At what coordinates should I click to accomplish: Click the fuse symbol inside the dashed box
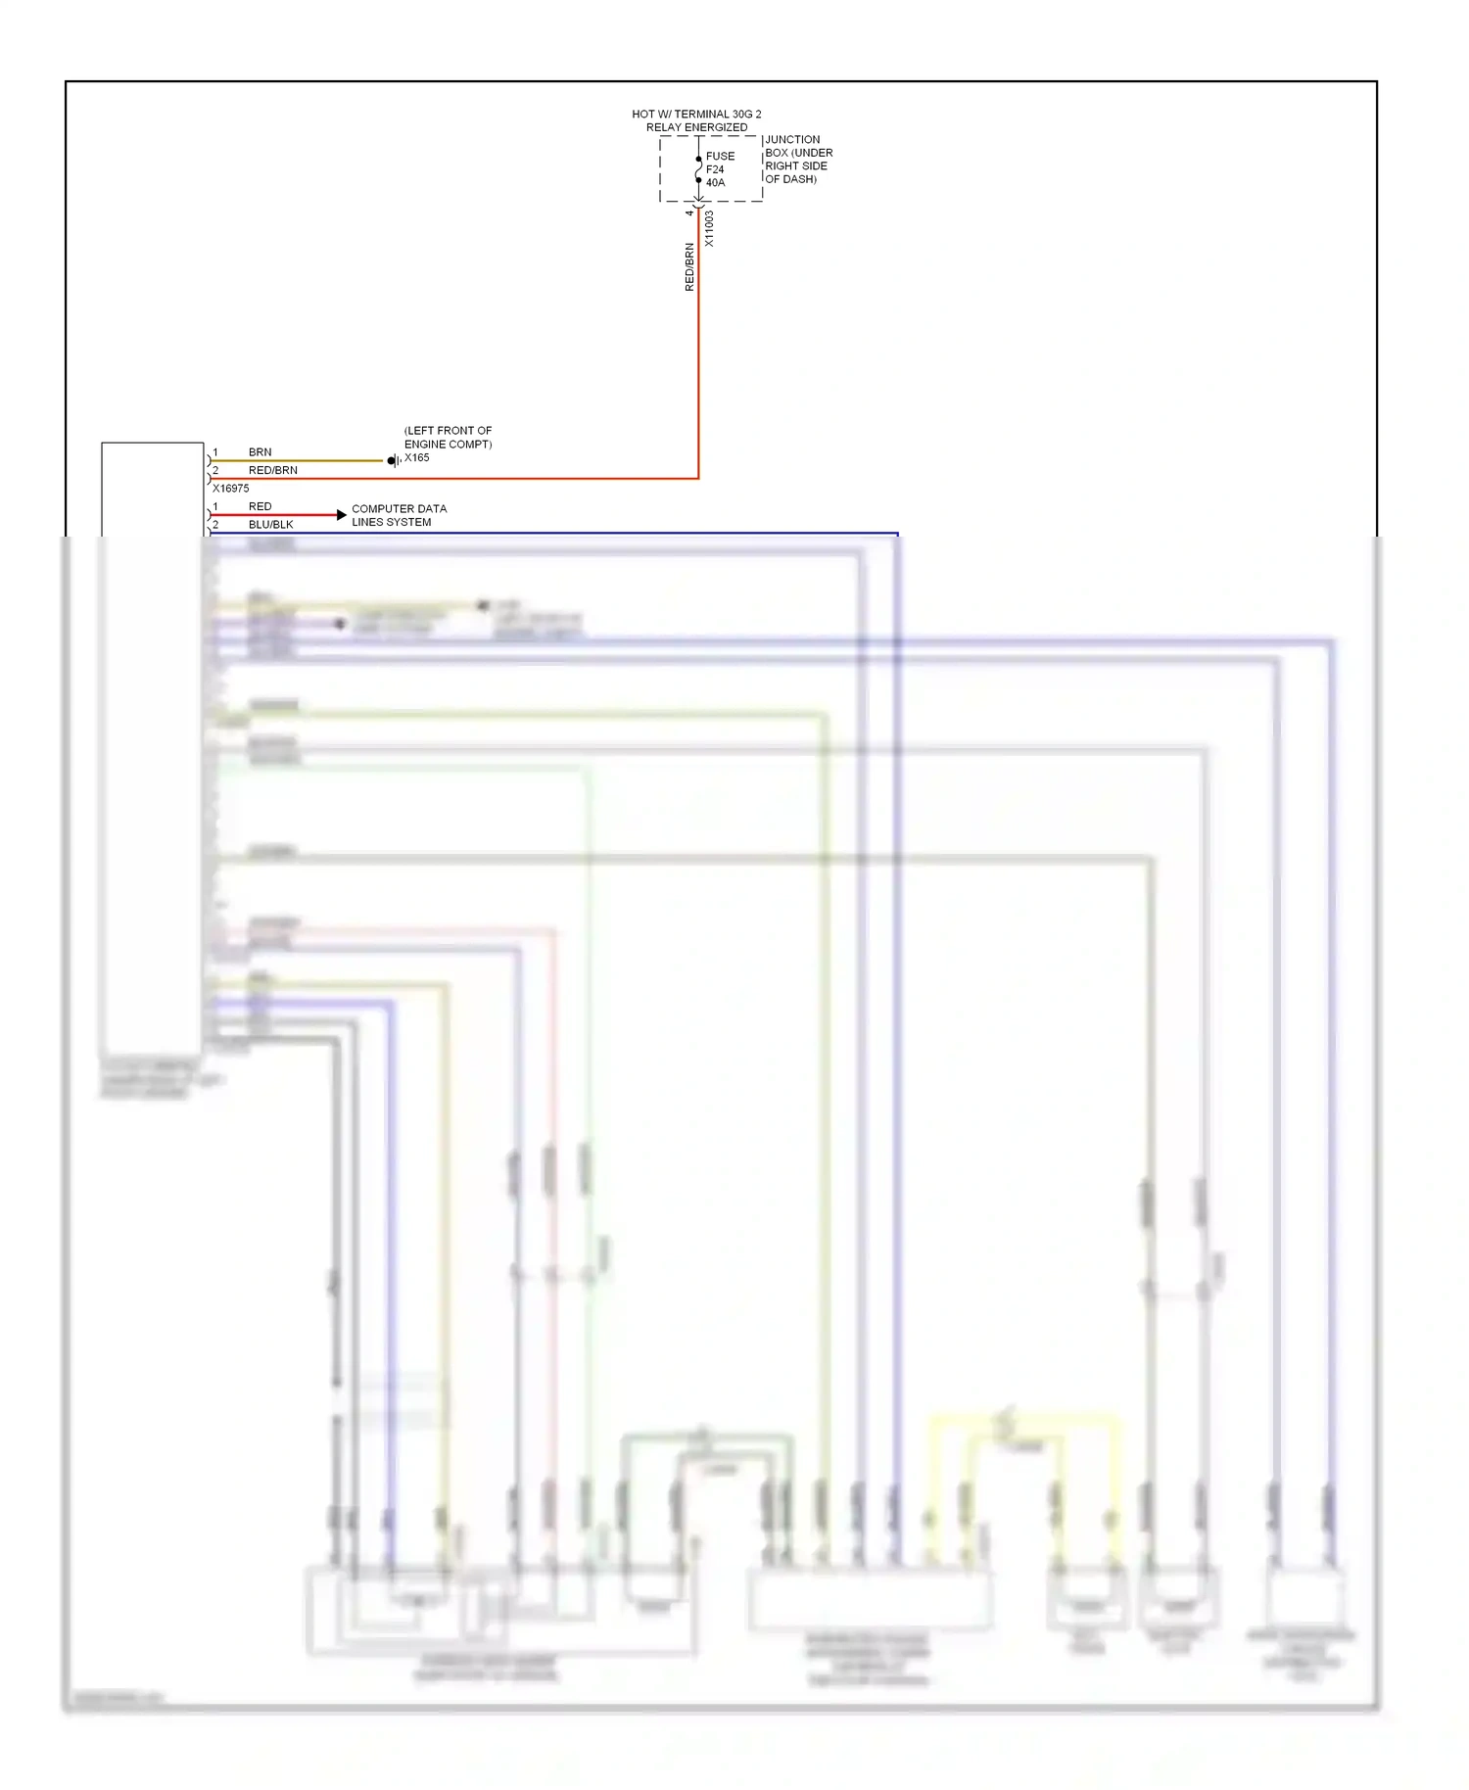coord(698,169)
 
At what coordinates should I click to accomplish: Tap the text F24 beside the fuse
coord(715,169)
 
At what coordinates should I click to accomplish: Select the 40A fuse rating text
coord(716,183)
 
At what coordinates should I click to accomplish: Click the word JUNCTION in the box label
coord(792,140)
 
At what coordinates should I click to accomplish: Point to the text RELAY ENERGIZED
coord(696,127)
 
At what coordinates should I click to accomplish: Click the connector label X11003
coord(709,228)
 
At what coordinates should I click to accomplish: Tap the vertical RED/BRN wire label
coord(688,267)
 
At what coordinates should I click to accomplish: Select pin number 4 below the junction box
coord(688,212)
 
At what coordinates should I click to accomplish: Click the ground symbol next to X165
coord(393,460)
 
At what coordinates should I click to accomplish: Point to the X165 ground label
coord(417,457)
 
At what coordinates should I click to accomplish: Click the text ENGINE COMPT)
coord(448,445)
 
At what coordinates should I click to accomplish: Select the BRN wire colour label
coord(260,452)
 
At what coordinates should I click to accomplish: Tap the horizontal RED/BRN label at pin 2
coord(272,471)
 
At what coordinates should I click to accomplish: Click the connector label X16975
coord(231,489)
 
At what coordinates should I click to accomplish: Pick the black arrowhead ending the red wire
coord(341,515)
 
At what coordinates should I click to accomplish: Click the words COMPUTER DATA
coord(399,509)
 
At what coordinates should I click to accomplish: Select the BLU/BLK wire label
coord(270,525)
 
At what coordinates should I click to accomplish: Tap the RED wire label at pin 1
coord(260,507)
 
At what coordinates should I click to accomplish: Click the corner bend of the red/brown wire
coord(698,479)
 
